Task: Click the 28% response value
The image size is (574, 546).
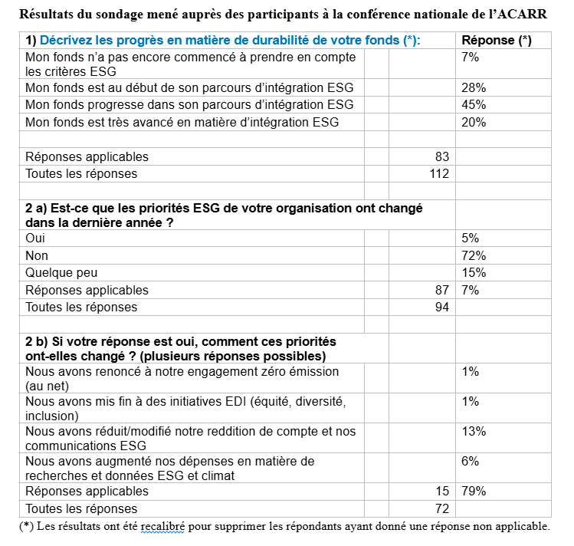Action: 474,87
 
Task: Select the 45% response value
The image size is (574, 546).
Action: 474,104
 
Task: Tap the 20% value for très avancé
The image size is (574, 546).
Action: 474,121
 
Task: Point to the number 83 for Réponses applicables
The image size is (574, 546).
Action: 441,156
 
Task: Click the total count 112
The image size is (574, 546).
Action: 439,173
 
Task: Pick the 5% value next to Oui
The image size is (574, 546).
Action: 471,238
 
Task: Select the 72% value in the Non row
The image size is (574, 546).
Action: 474,255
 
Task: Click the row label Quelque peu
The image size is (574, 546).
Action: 61,272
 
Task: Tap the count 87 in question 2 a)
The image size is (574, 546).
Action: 441,290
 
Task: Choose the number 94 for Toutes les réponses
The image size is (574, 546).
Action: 441,307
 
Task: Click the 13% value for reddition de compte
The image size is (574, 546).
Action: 474,431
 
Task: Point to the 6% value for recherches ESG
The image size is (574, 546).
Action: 471,461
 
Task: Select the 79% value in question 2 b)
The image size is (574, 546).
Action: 474,491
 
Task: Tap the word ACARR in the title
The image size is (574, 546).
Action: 526,14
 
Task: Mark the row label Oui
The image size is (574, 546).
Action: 35,238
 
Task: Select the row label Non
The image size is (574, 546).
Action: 37,255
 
